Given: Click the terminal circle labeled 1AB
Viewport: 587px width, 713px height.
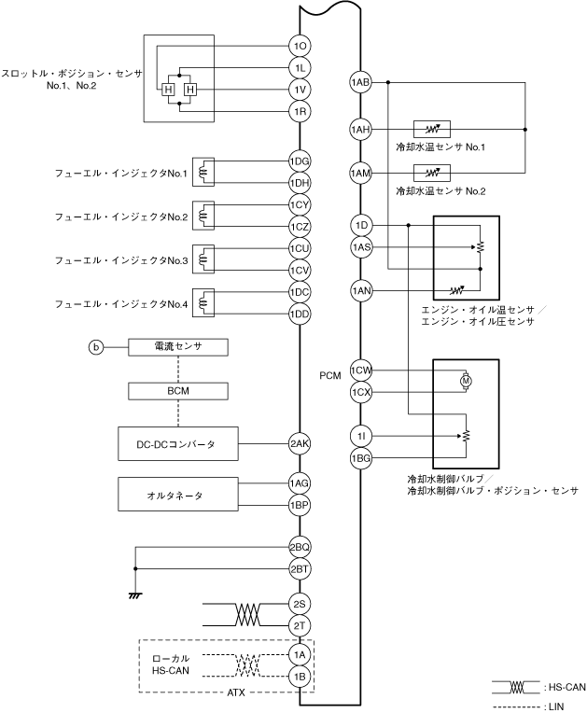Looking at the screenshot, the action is tap(360, 82).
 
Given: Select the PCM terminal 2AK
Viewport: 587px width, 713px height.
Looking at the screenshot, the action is tap(300, 444).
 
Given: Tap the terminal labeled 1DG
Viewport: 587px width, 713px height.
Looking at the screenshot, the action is tap(300, 161).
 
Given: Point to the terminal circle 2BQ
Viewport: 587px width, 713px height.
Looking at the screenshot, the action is tap(300, 547).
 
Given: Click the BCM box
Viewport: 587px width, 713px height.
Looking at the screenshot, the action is tap(178, 391).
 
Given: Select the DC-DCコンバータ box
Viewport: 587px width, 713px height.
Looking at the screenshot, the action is tap(178, 444).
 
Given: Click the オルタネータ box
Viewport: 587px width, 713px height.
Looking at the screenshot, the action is tap(178, 495).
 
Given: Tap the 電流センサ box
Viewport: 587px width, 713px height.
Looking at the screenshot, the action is tap(178, 347).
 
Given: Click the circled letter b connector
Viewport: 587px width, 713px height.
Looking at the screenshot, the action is tap(96, 347).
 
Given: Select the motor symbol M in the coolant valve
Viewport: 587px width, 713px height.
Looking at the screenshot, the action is tap(466, 381).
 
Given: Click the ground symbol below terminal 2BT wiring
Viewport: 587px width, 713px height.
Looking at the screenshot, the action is tap(135, 594).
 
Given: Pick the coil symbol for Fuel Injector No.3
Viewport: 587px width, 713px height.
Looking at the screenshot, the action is tap(203, 259).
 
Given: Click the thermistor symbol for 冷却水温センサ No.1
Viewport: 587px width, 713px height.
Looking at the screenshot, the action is tap(432, 130).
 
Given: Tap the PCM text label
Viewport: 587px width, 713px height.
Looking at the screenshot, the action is tap(330, 375).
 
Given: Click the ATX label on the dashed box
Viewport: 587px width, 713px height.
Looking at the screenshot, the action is tap(235, 692).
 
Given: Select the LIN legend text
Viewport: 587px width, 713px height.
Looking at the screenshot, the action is tap(555, 707).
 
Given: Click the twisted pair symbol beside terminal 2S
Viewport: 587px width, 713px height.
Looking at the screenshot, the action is tap(248, 615).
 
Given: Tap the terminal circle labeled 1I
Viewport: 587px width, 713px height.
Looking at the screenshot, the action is tap(360, 437).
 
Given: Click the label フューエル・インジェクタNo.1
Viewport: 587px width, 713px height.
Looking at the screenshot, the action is tap(121, 174).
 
